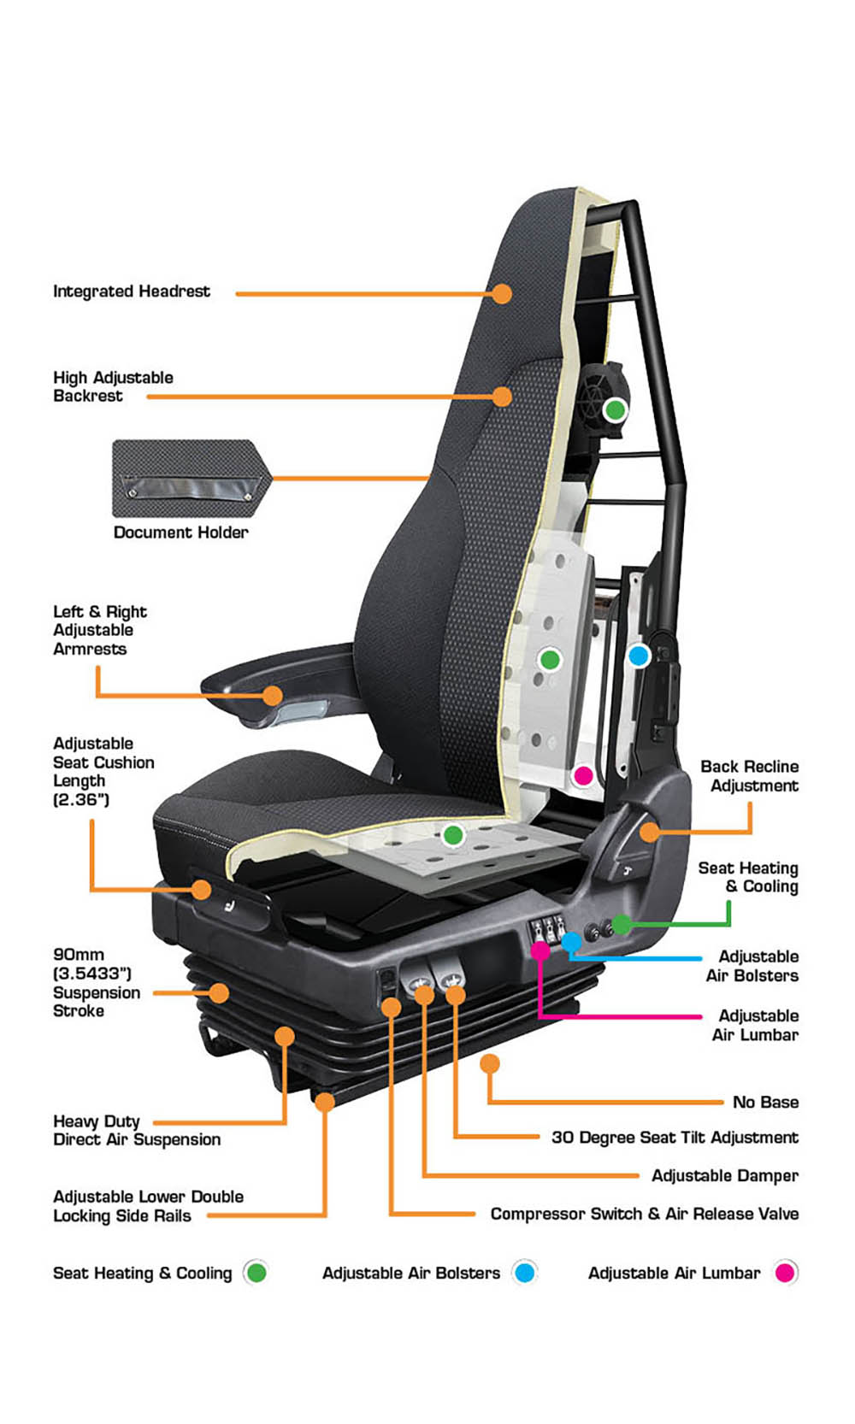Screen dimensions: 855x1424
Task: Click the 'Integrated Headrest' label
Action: tap(132, 291)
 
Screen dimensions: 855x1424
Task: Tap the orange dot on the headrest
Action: tap(502, 293)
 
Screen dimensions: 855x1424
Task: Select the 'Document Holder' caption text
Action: tap(180, 533)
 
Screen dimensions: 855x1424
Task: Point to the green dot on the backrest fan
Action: tap(615, 410)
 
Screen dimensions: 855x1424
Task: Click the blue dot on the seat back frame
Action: tap(638, 656)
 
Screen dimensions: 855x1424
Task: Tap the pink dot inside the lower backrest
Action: tap(583, 775)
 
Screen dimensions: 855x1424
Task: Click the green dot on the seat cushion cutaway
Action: tap(453, 835)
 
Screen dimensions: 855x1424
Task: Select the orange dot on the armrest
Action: tap(273, 695)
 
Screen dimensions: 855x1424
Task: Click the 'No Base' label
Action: tap(765, 1102)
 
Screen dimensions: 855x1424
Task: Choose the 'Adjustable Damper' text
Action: tap(725, 1175)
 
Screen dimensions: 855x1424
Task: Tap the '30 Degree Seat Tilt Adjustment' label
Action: tap(675, 1138)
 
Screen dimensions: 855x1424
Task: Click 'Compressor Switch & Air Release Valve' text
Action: tap(645, 1214)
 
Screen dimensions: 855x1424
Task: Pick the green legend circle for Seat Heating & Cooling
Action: tap(256, 1272)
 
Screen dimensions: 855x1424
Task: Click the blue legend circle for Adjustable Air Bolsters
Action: tap(524, 1272)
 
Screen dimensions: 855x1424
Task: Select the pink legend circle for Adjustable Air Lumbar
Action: tap(785, 1272)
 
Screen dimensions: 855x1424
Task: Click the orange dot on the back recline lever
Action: tap(649, 832)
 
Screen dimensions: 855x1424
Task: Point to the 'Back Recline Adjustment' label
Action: tap(750, 775)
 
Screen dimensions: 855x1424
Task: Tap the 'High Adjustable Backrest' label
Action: tap(113, 386)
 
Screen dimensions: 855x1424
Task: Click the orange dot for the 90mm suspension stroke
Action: tap(219, 992)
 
